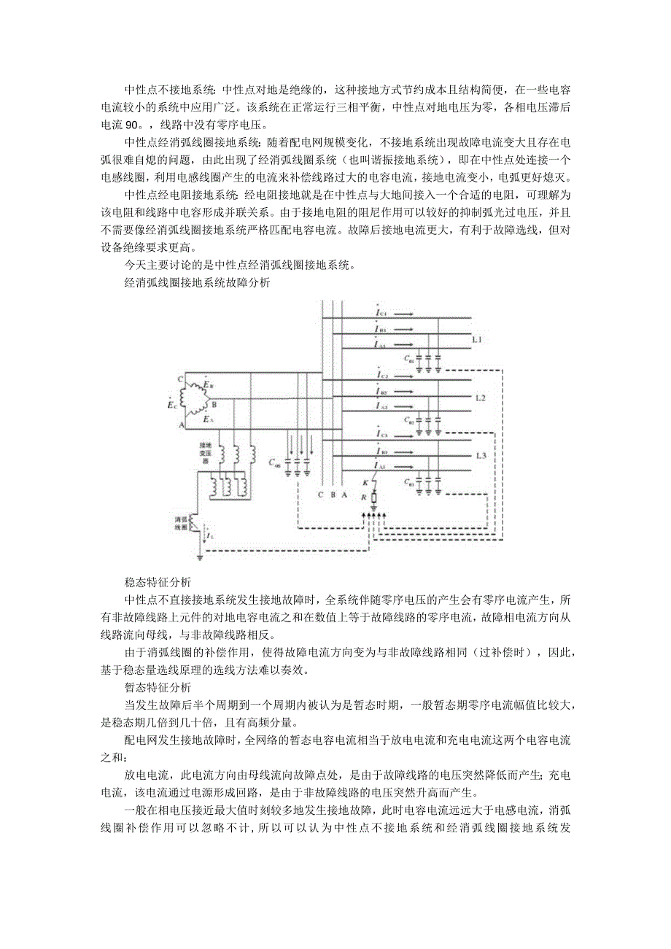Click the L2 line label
click(x=480, y=398)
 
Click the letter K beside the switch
click(x=365, y=483)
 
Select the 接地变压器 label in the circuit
click(x=206, y=452)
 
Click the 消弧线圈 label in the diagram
click(x=181, y=522)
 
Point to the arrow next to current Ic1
click(x=408, y=314)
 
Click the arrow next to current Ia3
click(x=408, y=465)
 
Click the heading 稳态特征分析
click(x=158, y=582)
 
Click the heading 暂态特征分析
click(x=158, y=687)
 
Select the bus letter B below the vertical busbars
click(x=333, y=494)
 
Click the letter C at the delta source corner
click(x=180, y=379)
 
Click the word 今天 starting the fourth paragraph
click(x=135, y=265)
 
